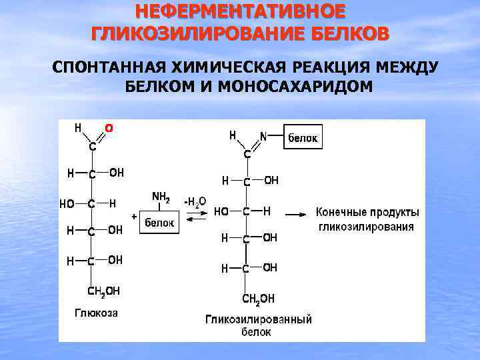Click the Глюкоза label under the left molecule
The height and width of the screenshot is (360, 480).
click(96, 313)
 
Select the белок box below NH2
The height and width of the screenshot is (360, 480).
click(160, 223)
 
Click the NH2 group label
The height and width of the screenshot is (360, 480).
click(161, 197)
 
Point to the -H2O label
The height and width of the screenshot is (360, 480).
click(195, 201)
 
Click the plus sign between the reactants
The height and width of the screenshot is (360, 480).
click(134, 217)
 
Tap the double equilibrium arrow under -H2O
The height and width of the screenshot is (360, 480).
click(195, 217)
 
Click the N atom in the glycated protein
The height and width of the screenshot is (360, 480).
click(263, 136)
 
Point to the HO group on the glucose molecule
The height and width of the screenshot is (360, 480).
click(67, 204)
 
